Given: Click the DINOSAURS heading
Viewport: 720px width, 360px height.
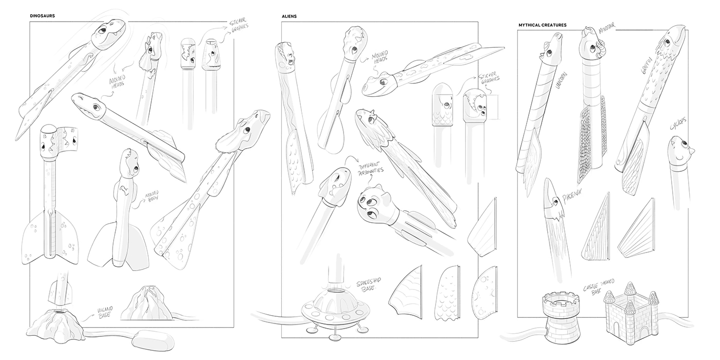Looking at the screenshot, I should pos(42,16).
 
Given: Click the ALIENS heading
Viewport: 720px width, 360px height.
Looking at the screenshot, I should pos(289,16).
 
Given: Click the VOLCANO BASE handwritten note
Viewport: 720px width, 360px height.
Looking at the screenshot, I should pos(104,311).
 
